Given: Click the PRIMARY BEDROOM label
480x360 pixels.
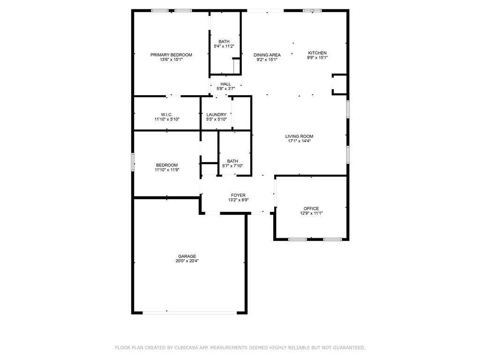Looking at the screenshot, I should (171, 55).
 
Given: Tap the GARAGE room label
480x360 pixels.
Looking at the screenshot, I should (187, 256).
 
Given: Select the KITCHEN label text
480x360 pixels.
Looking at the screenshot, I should (317, 53).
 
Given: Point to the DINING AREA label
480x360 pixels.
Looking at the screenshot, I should (267, 55).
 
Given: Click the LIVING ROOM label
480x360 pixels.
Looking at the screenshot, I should (299, 136).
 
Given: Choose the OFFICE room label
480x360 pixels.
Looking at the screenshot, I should (311, 209).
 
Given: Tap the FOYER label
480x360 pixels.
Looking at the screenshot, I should (238, 195).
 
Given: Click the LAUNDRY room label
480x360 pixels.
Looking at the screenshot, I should (216, 114).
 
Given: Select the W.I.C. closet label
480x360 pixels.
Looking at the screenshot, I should (167, 114).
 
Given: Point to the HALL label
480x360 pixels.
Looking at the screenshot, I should (225, 84).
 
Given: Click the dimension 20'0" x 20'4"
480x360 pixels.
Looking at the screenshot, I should (187, 261).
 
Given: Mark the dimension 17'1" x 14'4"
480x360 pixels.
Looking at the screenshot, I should (299, 141).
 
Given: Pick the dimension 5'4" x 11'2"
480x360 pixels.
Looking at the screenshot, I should (224, 46).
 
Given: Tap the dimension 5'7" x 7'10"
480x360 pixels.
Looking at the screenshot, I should (232, 166).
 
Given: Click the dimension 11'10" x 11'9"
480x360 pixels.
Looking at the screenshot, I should (167, 170).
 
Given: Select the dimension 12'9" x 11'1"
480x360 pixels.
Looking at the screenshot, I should (311, 213).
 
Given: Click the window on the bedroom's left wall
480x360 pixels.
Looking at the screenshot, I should (133, 162).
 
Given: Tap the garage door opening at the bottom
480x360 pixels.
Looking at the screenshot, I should (190, 312).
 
